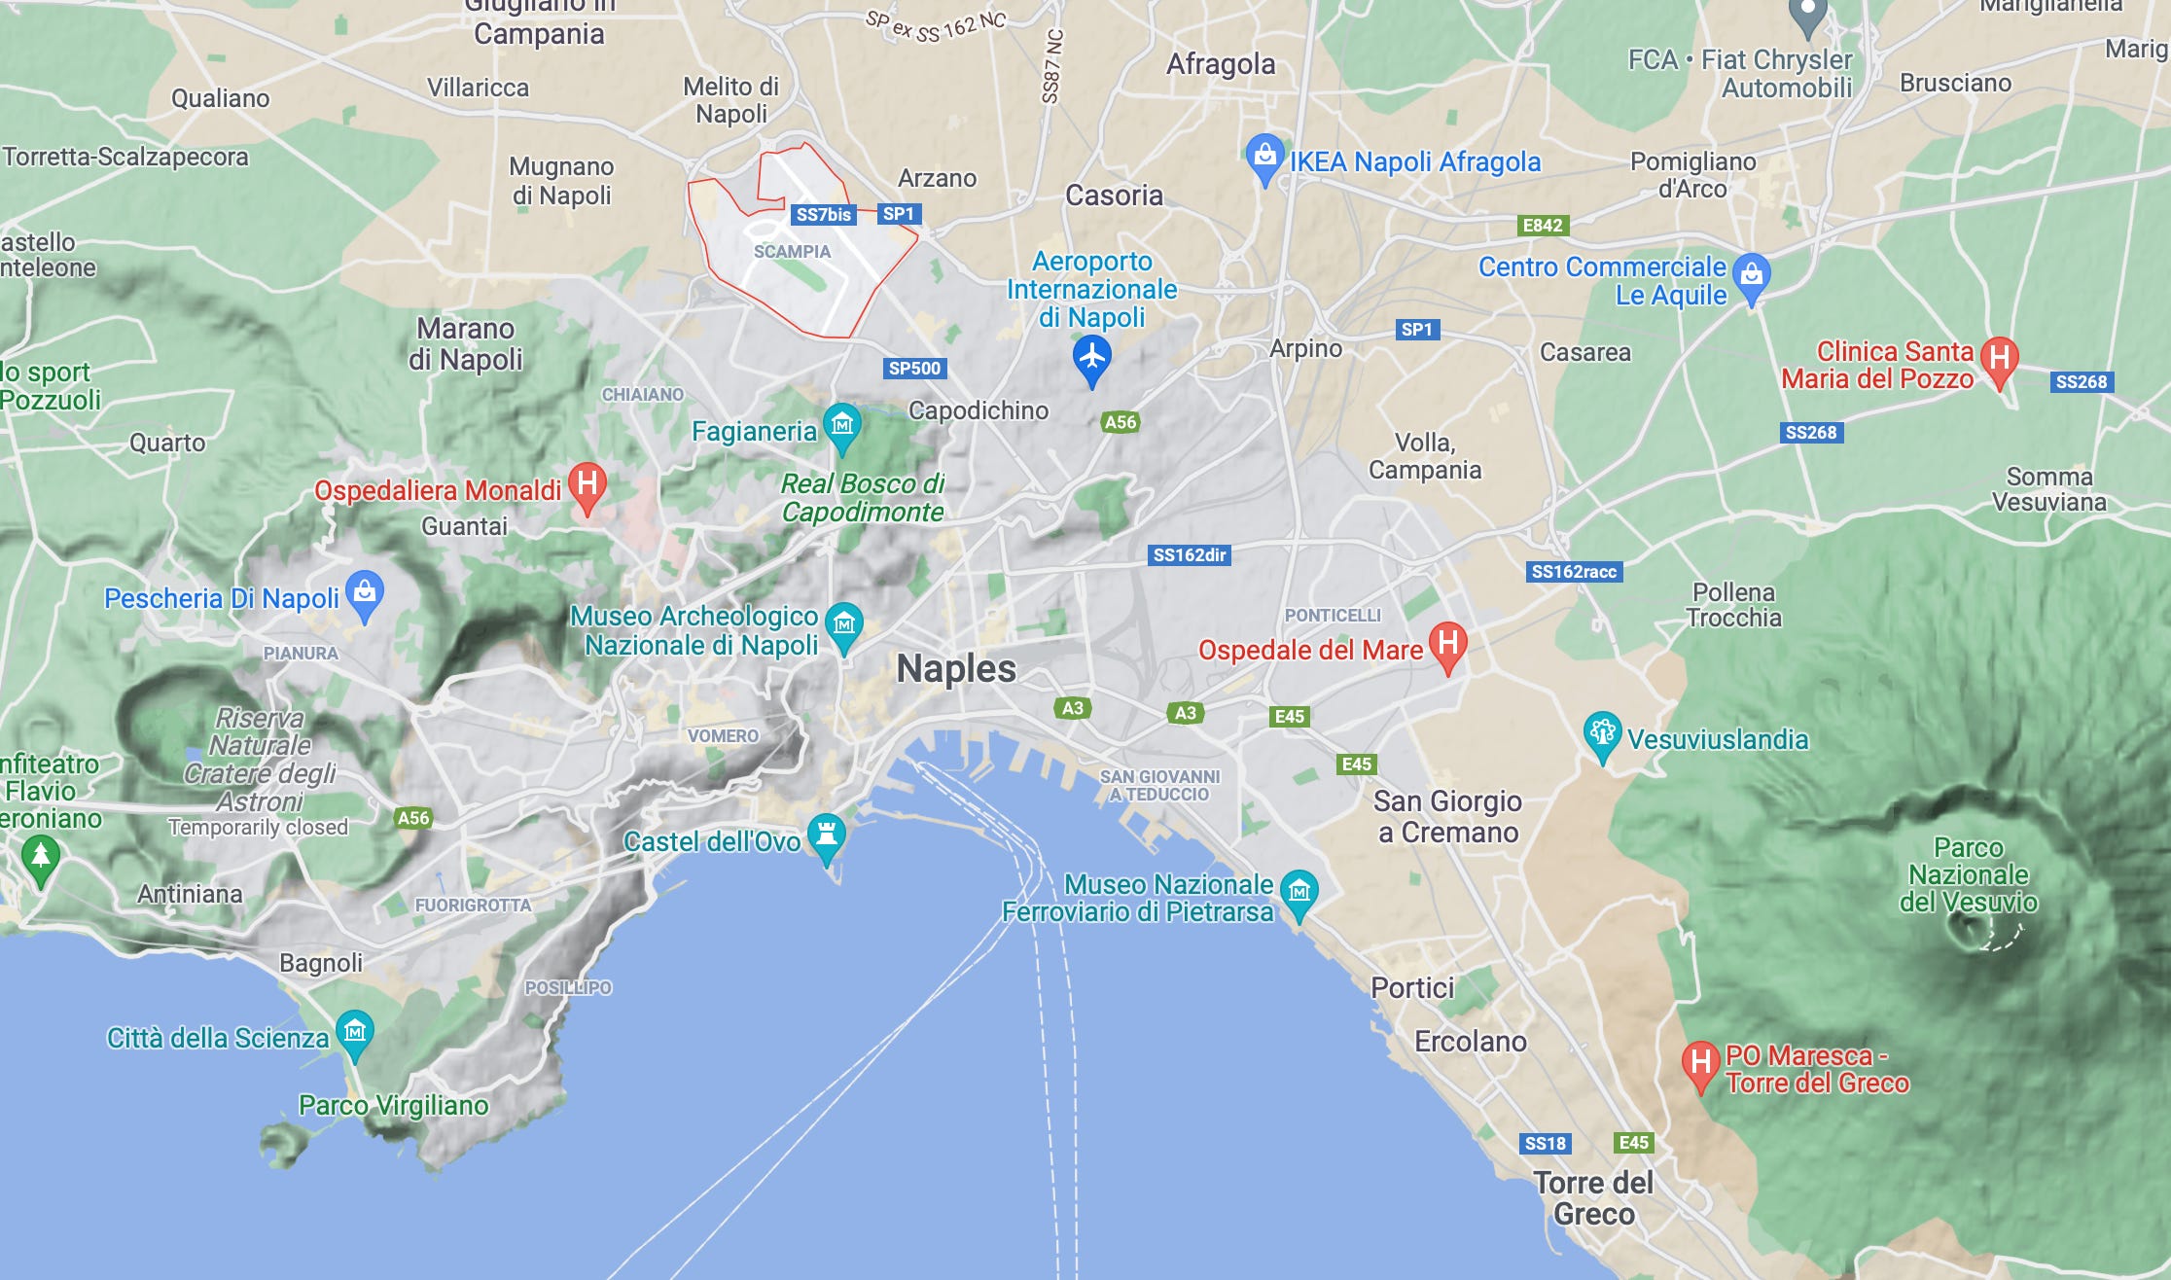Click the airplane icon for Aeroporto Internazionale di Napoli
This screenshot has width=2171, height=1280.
[x=1091, y=357]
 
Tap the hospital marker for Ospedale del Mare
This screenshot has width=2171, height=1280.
[x=1447, y=644]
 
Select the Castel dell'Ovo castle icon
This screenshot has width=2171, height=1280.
[x=827, y=835]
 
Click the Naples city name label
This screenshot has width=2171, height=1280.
[x=955, y=669]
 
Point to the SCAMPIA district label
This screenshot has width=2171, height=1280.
[x=792, y=251]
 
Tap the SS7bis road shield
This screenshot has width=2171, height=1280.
[x=823, y=214]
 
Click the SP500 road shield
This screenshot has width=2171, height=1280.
[x=914, y=368]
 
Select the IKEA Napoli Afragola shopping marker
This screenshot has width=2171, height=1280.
[x=1263, y=156]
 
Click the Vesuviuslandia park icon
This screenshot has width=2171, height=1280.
[x=1601, y=733]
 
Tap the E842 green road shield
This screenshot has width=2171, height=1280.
[x=1542, y=226]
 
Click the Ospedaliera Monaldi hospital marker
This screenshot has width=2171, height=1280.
[x=587, y=483]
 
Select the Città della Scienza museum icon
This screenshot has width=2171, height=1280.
[x=354, y=1031]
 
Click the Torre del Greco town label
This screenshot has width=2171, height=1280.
[x=1593, y=1198]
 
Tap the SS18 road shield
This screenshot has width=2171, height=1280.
[x=1545, y=1143]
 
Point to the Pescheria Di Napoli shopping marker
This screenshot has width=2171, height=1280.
[x=365, y=591]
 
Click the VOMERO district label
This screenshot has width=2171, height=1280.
[x=723, y=736]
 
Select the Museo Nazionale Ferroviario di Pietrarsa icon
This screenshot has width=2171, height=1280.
[x=1299, y=891]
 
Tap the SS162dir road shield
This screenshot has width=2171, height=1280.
[x=1189, y=554]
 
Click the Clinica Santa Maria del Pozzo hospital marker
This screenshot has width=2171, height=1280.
[x=1999, y=359]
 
